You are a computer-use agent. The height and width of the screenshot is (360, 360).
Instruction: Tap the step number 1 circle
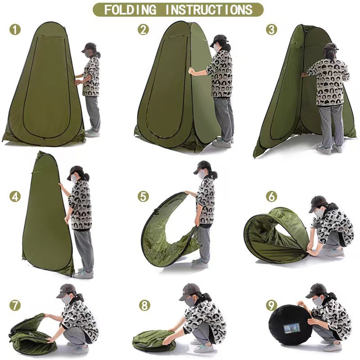click(15, 30)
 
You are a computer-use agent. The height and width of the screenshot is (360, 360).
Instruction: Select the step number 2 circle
click(143, 30)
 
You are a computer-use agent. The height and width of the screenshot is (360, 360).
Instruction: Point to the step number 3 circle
click(271, 30)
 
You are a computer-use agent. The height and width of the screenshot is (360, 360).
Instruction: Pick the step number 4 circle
click(15, 197)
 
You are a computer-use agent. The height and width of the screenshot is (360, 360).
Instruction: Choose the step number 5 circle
click(143, 197)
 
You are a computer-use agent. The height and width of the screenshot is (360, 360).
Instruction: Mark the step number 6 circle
click(271, 197)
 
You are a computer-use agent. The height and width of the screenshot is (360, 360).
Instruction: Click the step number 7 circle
click(15, 305)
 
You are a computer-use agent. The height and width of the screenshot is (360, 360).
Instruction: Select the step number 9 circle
click(271, 305)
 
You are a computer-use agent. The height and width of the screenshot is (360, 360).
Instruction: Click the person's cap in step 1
click(89, 47)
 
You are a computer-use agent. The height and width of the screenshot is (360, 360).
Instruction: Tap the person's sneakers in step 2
click(221, 143)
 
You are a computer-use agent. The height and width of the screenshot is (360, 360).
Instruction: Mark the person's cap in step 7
click(66, 290)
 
